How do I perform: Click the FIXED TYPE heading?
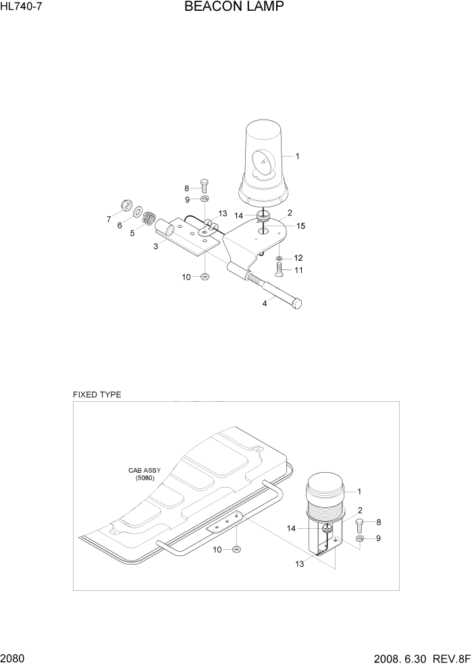pos(97,394)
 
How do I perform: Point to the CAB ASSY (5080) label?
pos(141,474)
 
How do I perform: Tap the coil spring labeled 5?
pos(150,218)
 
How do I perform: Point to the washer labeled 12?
pos(279,258)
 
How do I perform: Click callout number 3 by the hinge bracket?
pos(155,247)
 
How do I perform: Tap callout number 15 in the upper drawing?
pos(301,226)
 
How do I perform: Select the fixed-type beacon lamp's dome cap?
pos(325,488)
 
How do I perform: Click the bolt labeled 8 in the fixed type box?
pos(359,523)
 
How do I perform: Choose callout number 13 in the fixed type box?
pos(299,563)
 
